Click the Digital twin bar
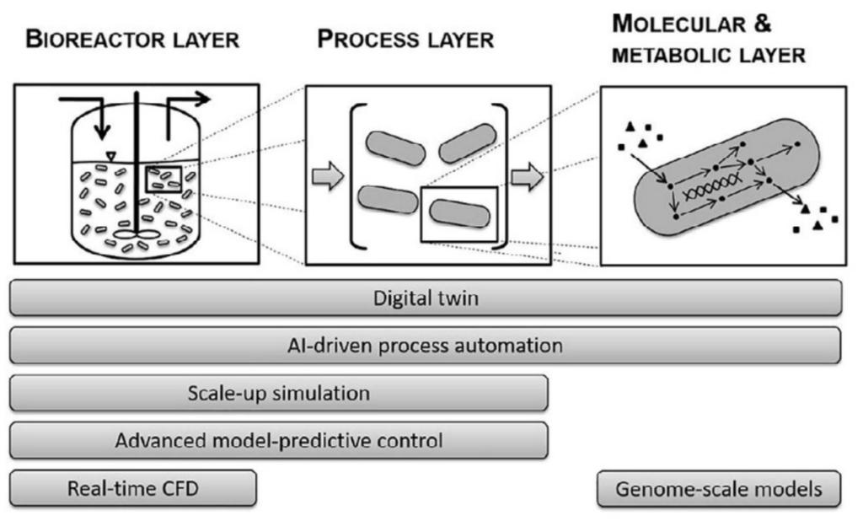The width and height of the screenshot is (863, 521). [426, 298]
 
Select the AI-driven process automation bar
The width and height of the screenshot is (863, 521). [426, 345]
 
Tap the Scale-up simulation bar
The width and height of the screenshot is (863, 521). [279, 392]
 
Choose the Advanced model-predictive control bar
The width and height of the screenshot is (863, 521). [279, 439]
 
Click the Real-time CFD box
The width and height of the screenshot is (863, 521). [133, 488]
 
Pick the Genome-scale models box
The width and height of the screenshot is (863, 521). [719, 488]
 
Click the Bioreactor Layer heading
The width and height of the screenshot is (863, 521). [132, 40]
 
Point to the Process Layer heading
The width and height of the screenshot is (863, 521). [405, 40]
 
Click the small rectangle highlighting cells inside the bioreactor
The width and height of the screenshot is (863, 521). [162, 180]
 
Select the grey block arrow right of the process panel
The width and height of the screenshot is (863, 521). [528, 177]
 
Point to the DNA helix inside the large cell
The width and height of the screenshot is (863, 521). [713, 195]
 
